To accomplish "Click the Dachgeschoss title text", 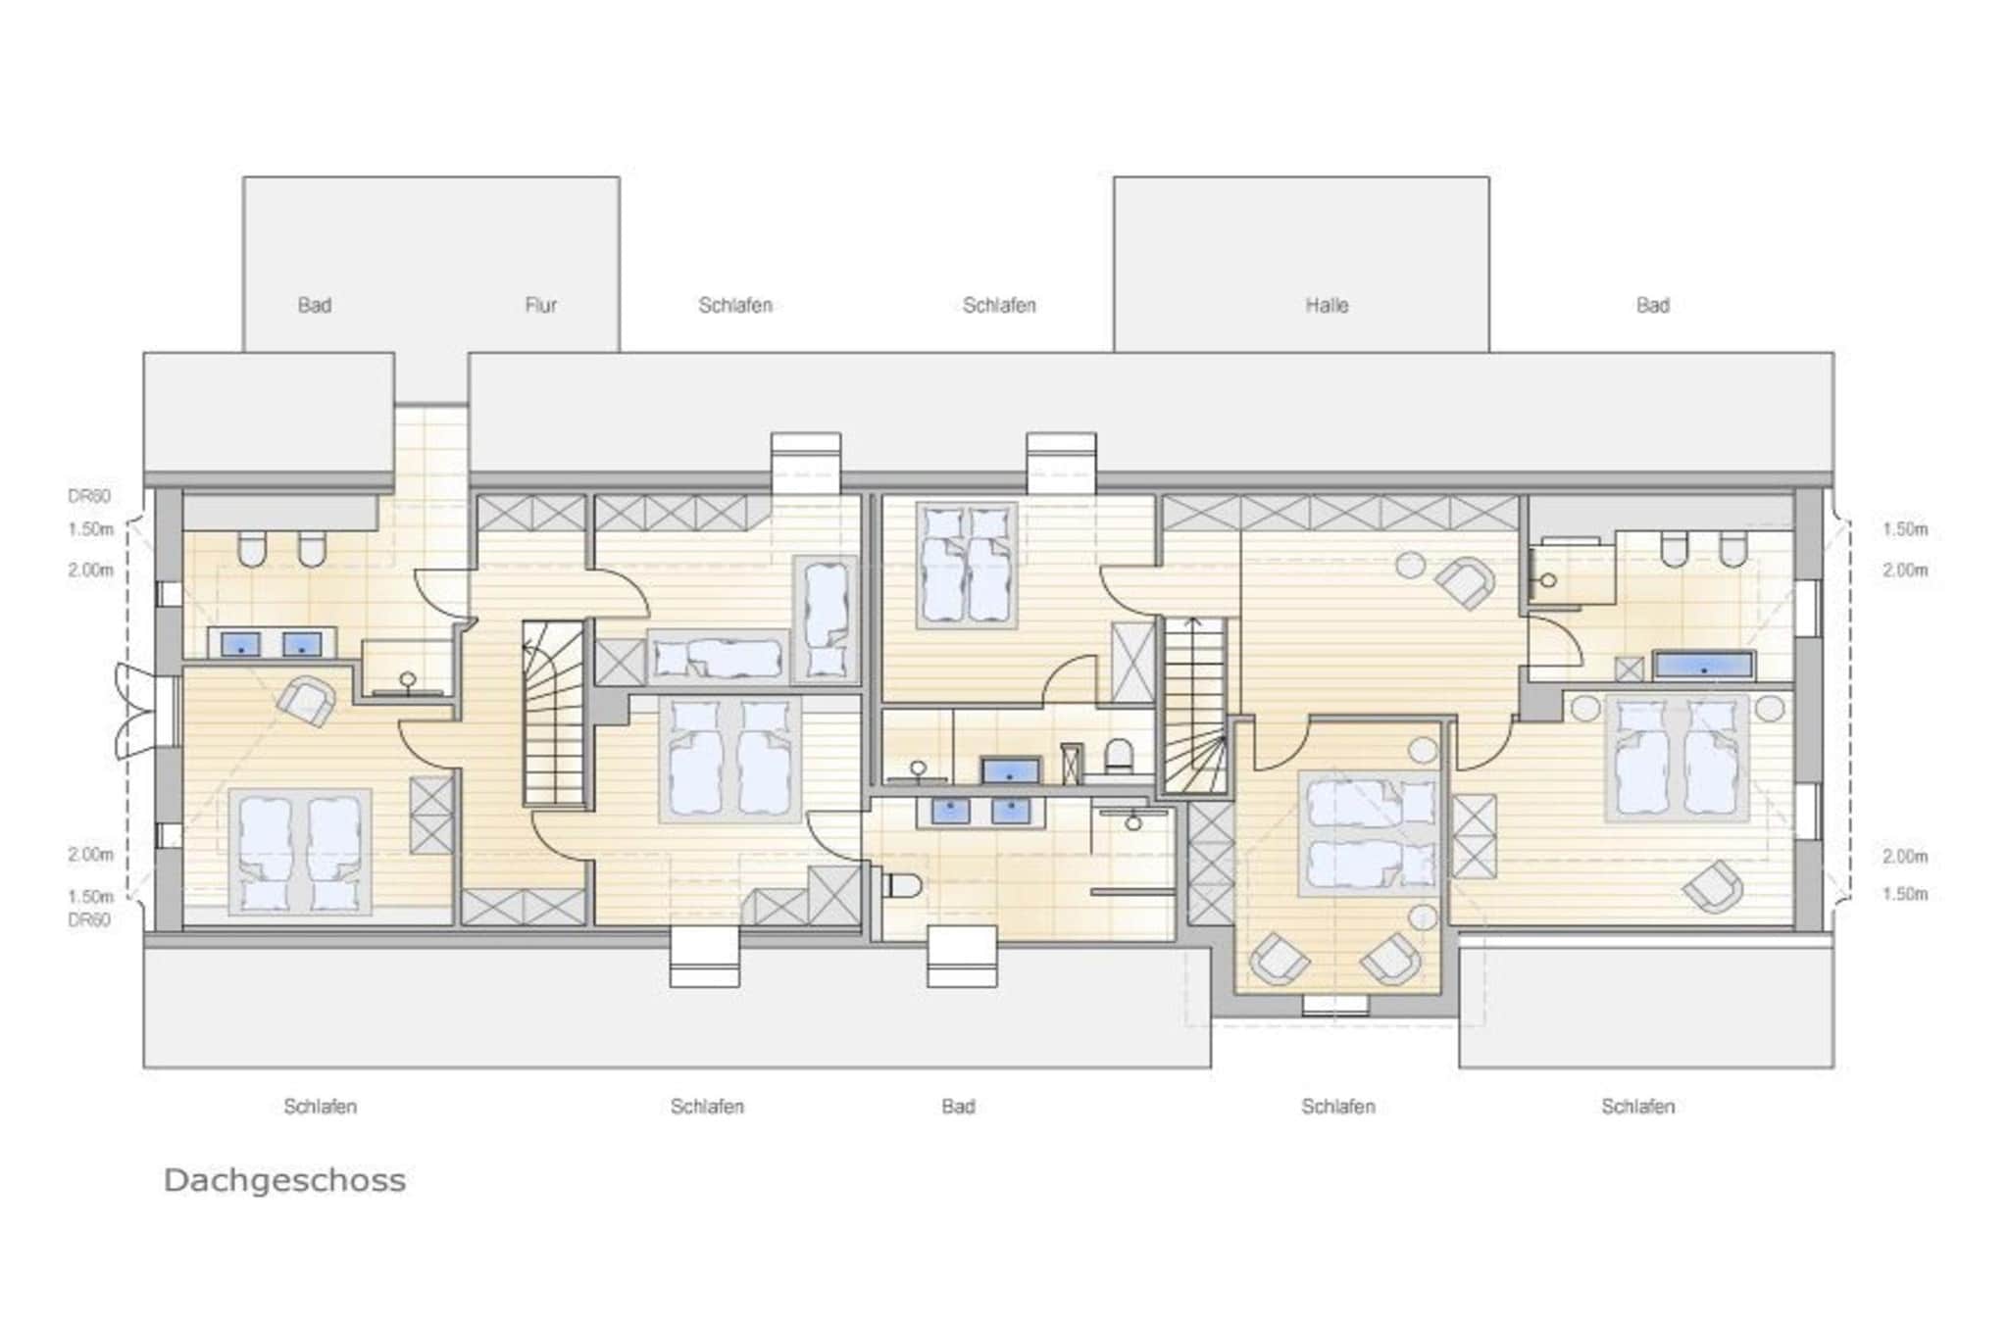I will tap(284, 1179).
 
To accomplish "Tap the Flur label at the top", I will tap(540, 305).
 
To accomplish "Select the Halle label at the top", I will tap(1326, 305).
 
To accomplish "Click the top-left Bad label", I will tap(314, 305).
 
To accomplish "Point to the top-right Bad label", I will tap(1652, 305).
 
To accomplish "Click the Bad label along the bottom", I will tap(958, 1106).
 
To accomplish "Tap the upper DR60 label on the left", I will tap(89, 496).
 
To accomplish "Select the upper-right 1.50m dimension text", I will tap(1904, 529).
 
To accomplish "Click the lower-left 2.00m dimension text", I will tap(91, 855).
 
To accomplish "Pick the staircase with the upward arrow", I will tap(1195, 706).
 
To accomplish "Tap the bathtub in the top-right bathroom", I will tap(1704, 666).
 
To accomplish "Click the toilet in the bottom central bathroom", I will tap(903, 886).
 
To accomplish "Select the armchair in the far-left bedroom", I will tap(307, 700).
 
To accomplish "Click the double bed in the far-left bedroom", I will tap(300, 852).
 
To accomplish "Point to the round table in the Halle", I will tap(1411, 566).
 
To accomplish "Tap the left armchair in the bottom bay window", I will tap(1279, 958).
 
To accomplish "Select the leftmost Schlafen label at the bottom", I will tap(320, 1106).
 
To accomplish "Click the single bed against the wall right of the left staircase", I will tap(719, 657).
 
